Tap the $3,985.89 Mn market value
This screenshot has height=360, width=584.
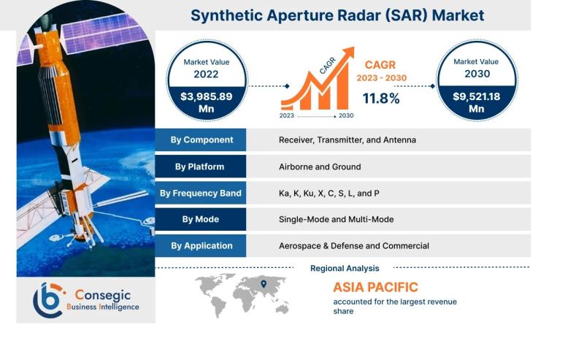pos(207,102)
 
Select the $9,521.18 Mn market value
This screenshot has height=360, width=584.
pos(477,102)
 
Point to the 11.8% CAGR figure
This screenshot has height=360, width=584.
pos(381,99)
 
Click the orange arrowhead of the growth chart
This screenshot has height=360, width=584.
pos(349,52)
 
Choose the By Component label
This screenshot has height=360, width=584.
pos(202,139)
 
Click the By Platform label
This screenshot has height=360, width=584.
pos(199,166)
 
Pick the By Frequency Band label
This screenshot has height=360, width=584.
pos(200,193)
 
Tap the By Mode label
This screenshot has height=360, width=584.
pos(200,219)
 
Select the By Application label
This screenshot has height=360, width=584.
pos(202,246)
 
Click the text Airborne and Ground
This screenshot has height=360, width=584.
pos(320,166)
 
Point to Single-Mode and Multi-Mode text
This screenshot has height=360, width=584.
pos(337,219)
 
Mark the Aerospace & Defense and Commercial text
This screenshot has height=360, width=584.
pos(354,246)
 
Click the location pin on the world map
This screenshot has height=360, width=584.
pos(264,284)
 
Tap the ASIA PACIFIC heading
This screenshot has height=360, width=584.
pos(375,287)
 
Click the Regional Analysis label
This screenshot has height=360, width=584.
pos(345,268)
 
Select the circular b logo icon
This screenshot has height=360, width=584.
pos(48,300)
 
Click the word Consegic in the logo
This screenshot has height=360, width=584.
pos(103,295)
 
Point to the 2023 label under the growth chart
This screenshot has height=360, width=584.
pos(286,115)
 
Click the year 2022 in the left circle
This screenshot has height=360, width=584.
pos(206,74)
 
